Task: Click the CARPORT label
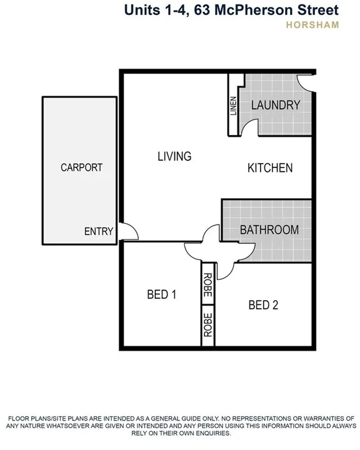[81, 167]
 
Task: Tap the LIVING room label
[174, 156]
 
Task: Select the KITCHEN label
[270, 168]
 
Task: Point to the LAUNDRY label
[276, 105]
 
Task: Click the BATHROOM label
[269, 230]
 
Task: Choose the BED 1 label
[161, 294]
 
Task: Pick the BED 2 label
[263, 305]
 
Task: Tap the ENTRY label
[99, 231]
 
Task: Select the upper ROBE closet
[207, 285]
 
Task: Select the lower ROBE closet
[207, 325]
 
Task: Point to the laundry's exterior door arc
[305, 82]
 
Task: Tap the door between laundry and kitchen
[247, 127]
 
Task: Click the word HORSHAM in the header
[312, 26]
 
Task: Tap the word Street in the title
[316, 10]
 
